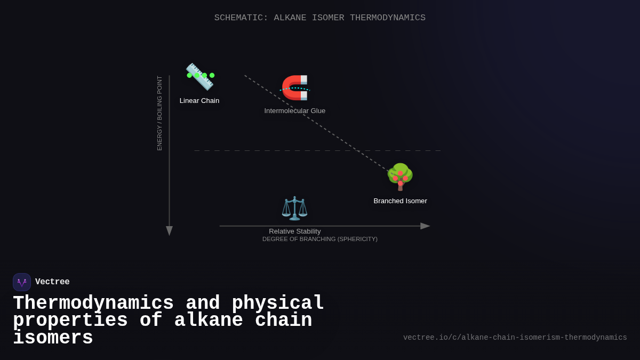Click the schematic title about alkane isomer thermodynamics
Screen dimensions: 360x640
[x=320, y=18]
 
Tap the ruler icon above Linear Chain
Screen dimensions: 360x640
[x=199, y=77]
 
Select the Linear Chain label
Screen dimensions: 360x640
[x=199, y=100]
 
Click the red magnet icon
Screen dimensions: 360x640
[x=295, y=87]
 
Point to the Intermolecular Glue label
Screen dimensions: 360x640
[x=295, y=110]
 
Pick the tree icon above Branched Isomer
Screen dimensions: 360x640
[x=400, y=177]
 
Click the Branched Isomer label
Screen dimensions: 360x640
[x=400, y=201]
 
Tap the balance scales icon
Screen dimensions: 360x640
[x=294, y=208]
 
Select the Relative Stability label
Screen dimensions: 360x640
[x=295, y=231]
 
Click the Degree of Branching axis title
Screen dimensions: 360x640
[x=320, y=239]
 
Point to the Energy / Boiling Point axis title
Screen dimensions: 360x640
[x=159, y=113]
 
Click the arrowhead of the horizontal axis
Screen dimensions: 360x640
[x=425, y=226]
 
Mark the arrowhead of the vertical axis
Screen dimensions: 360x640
[x=169, y=231]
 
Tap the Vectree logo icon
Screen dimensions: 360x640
[x=22, y=282]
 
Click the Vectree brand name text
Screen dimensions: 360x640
[x=52, y=282]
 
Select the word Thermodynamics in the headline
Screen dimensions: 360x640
[x=93, y=303]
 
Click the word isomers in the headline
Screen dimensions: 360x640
[x=53, y=338]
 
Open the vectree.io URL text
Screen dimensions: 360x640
[x=515, y=338]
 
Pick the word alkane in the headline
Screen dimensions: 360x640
[x=209, y=321]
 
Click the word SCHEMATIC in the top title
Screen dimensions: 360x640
[x=241, y=18]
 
